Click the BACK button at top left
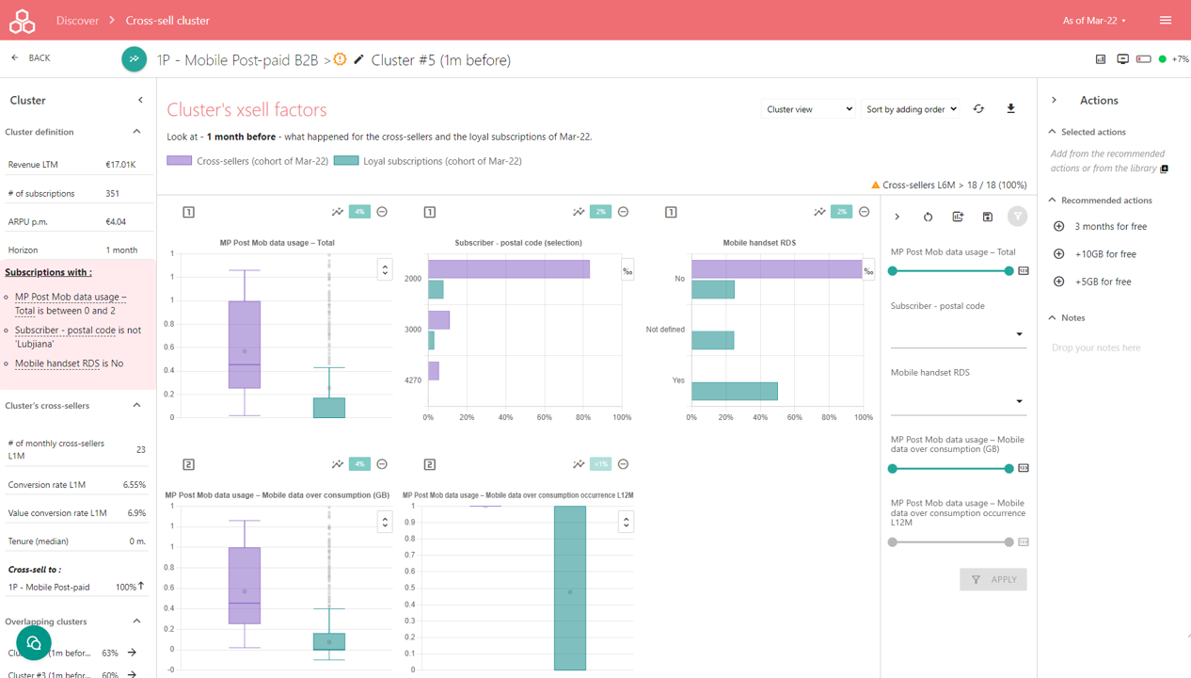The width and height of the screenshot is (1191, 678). [x=31, y=58]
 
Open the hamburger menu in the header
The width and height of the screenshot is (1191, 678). [x=1166, y=20]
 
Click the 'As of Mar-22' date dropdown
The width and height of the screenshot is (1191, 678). [x=1094, y=20]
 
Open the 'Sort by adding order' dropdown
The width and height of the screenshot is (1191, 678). [x=911, y=109]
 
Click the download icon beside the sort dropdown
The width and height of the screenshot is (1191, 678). [x=1011, y=109]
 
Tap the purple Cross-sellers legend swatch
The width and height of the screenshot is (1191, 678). [x=179, y=161]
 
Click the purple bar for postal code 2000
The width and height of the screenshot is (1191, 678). [x=509, y=269]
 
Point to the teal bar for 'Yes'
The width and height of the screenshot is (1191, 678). [x=735, y=391]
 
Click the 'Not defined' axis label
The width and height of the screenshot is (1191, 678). [x=665, y=330]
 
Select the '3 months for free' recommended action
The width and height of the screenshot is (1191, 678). [x=1110, y=227]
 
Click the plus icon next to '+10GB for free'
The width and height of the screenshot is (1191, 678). [x=1059, y=254]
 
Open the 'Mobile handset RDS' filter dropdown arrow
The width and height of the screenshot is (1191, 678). [x=1019, y=402]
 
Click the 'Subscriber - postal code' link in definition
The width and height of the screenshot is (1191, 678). [x=65, y=331]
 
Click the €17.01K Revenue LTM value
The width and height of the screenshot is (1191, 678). [x=120, y=165]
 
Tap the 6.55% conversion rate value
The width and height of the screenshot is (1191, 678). [x=135, y=485]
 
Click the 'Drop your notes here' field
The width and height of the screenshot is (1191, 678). [x=1096, y=347]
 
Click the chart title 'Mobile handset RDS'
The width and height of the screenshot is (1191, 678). [x=759, y=243]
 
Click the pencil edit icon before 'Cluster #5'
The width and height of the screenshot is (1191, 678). [x=358, y=60]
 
